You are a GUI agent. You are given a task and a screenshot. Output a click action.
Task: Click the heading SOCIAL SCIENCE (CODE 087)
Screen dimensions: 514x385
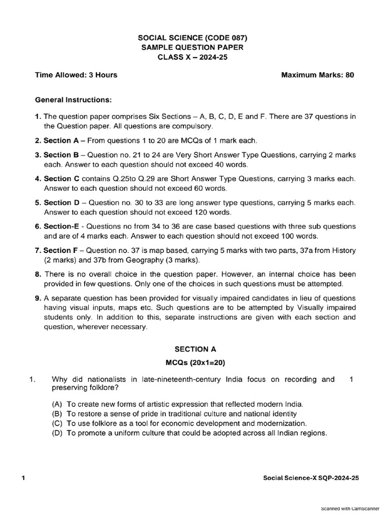pos(192,38)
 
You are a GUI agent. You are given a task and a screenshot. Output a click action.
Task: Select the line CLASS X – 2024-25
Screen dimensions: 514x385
pos(192,57)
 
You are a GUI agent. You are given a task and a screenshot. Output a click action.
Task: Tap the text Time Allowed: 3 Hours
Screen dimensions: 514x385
pos(76,75)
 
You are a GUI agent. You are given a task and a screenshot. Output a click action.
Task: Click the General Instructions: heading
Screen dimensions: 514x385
pos(73,99)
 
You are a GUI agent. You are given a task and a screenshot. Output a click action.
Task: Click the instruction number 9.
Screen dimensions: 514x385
pos(38,298)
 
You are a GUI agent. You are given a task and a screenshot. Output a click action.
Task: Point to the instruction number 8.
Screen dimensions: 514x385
pos(38,275)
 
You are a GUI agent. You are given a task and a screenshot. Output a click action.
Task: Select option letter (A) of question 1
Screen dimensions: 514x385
pos(58,404)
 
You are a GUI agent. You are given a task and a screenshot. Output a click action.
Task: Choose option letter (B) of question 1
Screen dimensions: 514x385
pos(58,414)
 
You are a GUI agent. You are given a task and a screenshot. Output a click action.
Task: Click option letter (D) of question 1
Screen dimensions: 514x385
pos(58,433)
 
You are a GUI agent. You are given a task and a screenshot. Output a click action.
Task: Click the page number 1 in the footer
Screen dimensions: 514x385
pos(23,478)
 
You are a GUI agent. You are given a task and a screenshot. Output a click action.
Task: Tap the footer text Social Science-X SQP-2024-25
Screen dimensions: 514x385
pos(311,478)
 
